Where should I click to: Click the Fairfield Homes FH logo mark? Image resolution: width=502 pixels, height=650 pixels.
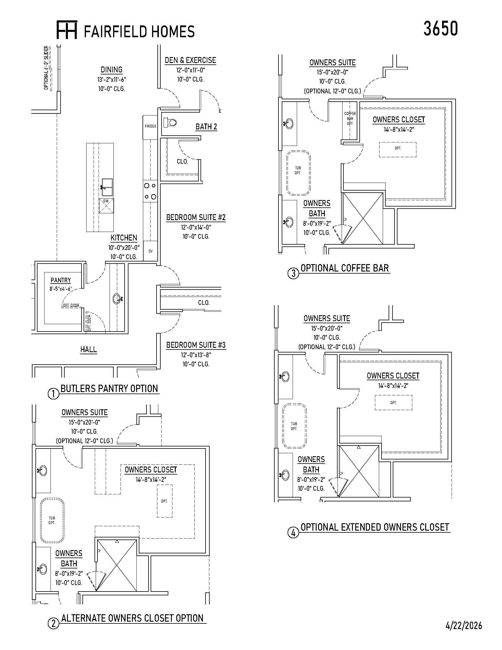[67, 30]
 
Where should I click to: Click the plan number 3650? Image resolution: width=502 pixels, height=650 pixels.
[441, 29]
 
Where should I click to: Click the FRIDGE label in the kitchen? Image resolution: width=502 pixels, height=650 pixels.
[151, 126]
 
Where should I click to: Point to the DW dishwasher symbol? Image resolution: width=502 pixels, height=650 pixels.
[106, 206]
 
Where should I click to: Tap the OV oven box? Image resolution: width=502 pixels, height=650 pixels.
[151, 251]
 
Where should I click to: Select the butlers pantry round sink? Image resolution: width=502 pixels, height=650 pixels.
[117, 299]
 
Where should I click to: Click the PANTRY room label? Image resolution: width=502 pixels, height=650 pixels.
[61, 280]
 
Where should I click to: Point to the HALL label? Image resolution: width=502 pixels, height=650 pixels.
[89, 349]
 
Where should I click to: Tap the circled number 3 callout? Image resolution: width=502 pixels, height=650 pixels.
[294, 273]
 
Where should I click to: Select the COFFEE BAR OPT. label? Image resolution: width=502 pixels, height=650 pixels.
[350, 118]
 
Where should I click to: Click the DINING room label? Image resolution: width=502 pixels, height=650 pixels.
[112, 70]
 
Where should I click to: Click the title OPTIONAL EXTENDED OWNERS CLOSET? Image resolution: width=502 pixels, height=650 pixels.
[375, 527]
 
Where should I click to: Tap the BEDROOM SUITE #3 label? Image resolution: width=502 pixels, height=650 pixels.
[196, 345]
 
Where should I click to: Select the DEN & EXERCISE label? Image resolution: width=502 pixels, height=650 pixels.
[190, 60]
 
